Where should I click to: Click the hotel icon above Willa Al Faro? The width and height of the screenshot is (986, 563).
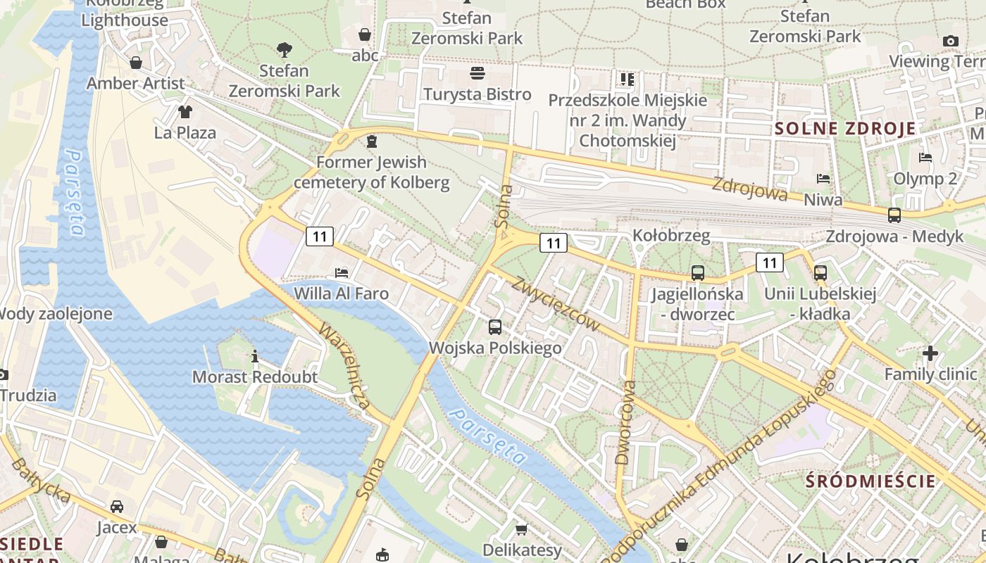coord(342,272)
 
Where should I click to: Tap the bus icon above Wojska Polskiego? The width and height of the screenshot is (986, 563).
coord(495,327)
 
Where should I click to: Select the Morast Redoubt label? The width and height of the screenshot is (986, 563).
coord(255,377)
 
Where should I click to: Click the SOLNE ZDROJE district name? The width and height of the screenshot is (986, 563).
coord(845,129)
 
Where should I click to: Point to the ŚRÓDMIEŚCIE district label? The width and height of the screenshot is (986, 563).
coord(870,481)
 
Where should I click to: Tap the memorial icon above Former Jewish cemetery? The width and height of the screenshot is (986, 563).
coord(371,142)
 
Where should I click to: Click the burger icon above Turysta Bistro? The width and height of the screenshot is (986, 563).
coord(477,73)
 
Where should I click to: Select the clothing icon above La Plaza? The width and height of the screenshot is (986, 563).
coord(185,111)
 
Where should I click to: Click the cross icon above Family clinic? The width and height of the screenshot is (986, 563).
coord(930,353)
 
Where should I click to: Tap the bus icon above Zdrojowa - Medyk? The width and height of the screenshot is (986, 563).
coord(894,215)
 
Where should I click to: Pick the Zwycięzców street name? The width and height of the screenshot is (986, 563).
coord(556,303)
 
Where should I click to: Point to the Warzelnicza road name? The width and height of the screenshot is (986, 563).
coord(344,366)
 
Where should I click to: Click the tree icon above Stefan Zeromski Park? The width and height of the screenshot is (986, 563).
coord(284,50)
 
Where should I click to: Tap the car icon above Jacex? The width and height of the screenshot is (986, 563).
coord(117,506)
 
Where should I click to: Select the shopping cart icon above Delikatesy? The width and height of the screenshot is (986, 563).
coord(521,529)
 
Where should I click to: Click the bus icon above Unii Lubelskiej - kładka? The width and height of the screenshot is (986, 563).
coord(820,273)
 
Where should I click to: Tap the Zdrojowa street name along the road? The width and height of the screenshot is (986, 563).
coord(749,188)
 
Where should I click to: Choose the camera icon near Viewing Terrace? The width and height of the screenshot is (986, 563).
coord(951,41)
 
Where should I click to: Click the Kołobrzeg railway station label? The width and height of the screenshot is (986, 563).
coord(671,235)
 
